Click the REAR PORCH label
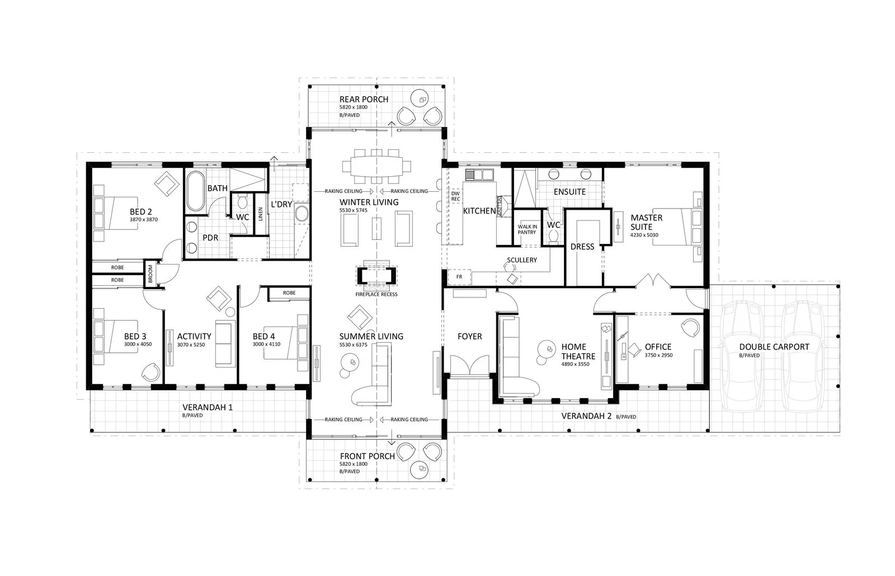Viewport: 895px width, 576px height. [x=364, y=99]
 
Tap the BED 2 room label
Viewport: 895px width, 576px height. [x=141, y=211]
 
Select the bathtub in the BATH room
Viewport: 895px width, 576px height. [x=195, y=191]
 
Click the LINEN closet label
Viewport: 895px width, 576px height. [x=260, y=214]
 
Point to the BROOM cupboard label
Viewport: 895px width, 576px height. [x=150, y=273]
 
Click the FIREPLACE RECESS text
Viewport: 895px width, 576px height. [x=376, y=294]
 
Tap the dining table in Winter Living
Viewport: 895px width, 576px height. [x=376, y=166]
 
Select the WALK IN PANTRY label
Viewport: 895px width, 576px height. [x=527, y=229]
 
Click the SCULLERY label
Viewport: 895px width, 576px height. [x=521, y=259]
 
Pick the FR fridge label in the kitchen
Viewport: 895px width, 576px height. [x=459, y=277]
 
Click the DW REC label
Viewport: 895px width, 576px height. [x=455, y=196]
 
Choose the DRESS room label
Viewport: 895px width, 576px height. [x=582, y=246]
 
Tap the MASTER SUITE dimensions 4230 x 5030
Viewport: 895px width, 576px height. [x=644, y=235]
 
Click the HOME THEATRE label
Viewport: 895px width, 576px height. [x=578, y=352]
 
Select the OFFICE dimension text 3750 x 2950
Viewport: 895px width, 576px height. [x=658, y=355]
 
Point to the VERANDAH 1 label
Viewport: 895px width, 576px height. [x=208, y=407]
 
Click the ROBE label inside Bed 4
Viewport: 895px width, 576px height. [x=289, y=293]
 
